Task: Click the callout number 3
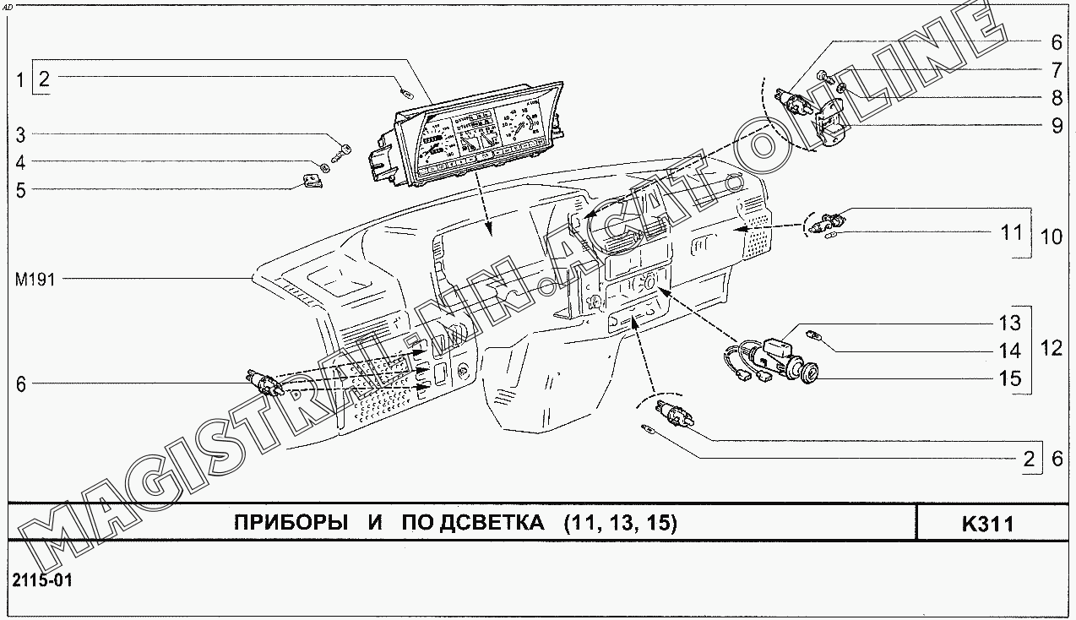pos(21,134)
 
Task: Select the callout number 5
pos(21,190)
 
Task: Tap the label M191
pos(35,279)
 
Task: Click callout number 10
pos(1052,237)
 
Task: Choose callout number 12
pos(1052,348)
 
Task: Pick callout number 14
pos(1011,351)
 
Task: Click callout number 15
pos(1011,378)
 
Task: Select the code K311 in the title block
pos(987,525)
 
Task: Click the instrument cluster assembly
pos(473,135)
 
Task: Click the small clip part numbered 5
pos(312,180)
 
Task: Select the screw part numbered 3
pos(345,152)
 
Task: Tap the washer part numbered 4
pos(326,164)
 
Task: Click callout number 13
pos(1011,323)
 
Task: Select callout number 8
pos(1057,97)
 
